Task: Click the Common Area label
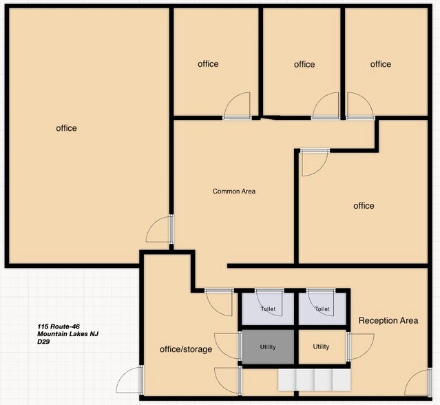[x=233, y=191]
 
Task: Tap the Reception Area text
[x=388, y=320]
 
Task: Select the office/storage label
[x=186, y=349]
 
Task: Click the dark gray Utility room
[x=268, y=347]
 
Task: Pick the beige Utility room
[x=322, y=347]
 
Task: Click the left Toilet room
[x=268, y=309]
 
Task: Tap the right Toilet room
[x=322, y=309]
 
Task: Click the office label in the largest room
[x=67, y=128]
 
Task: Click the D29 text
[x=43, y=342]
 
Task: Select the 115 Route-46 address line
[x=59, y=326]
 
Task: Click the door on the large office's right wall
[x=159, y=229]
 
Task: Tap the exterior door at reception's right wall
[x=418, y=382]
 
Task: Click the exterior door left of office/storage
[x=129, y=380]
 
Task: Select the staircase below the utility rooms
[x=314, y=380]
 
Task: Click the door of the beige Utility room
[x=360, y=346]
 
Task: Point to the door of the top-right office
[x=360, y=106]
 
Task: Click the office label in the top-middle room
[x=304, y=65]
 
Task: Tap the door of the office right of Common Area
[x=315, y=163]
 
